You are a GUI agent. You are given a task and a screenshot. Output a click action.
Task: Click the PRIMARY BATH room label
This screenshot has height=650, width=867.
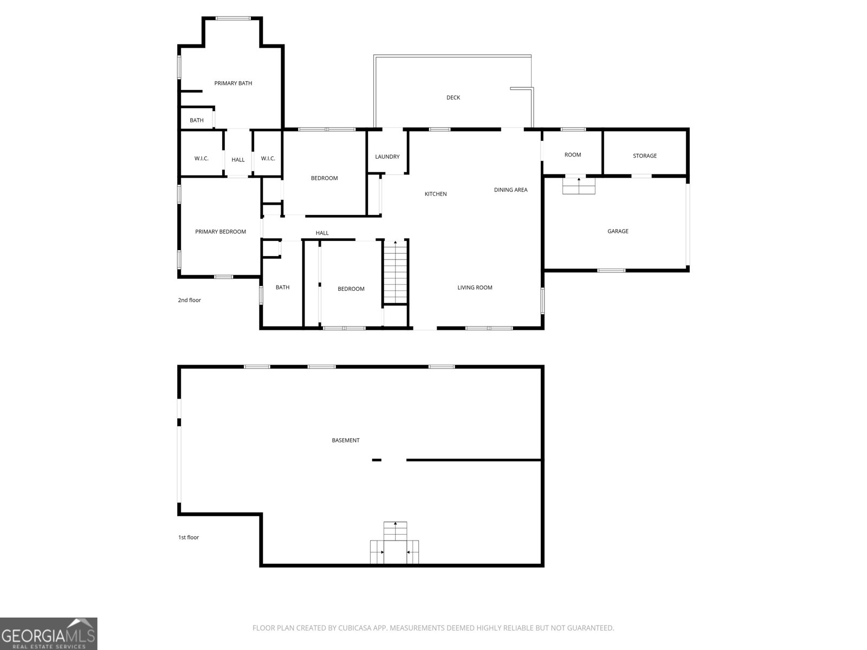click(x=233, y=83)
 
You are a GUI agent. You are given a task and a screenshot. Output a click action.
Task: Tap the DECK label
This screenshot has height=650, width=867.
click(x=453, y=97)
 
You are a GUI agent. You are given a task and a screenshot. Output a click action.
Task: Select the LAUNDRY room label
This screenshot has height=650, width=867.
click(x=387, y=157)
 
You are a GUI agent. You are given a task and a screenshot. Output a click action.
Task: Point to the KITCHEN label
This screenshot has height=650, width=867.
click(x=436, y=194)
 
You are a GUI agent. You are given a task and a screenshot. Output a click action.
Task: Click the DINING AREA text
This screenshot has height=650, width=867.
click(x=510, y=190)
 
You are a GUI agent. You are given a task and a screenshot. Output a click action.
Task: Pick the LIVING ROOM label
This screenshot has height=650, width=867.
click(x=475, y=288)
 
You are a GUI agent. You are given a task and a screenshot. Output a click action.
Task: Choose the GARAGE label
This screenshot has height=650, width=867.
click(x=618, y=231)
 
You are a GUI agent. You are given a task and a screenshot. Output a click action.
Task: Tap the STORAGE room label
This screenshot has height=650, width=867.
click(x=645, y=156)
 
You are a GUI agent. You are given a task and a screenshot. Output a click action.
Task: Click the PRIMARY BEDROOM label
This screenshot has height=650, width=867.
click(x=221, y=232)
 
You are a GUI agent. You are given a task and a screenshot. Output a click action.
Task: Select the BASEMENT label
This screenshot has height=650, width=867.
click(x=346, y=440)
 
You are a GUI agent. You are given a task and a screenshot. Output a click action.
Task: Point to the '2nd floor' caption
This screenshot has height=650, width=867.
click(x=190, y=300)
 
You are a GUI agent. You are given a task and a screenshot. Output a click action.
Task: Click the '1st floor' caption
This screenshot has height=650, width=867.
click(x=189, y=537)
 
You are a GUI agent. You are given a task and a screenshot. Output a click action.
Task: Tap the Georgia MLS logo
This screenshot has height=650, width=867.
click(x=49, y=634)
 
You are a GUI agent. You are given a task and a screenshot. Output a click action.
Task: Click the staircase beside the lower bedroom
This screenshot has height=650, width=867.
click(x=396, y=272)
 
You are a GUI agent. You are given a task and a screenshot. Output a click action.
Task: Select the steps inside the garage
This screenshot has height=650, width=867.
click(x=579, y=186)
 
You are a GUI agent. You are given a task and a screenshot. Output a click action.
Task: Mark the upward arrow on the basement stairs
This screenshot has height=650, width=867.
click(x=396, y=524)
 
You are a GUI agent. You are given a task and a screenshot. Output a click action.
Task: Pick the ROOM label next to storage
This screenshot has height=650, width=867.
click(x=573, y=155)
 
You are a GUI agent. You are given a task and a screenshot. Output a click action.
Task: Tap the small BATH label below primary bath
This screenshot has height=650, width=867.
click(x=197, y=120)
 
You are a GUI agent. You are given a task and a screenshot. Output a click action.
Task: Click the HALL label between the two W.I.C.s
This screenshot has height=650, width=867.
click(x=238, y=160)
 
